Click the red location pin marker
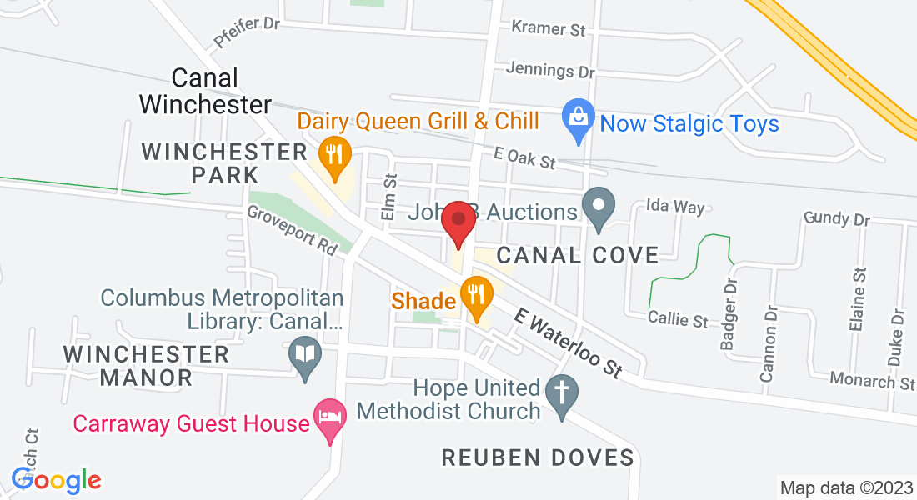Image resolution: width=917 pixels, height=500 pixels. click(458, 221)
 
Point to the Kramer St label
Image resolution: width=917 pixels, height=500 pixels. click(549, 30)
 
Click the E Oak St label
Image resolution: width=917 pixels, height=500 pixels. click(524, 157)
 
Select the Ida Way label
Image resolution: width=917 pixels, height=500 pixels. click(676, 207)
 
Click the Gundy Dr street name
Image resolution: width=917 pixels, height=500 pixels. click(836, 219)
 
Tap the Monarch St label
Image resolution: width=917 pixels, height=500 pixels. click(872, 382)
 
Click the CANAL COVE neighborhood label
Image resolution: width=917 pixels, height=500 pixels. click(578, 255)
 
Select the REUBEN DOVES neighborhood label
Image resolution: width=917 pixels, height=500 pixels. click(538, 457)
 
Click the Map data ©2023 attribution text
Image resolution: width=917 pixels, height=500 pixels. click(845, 487)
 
